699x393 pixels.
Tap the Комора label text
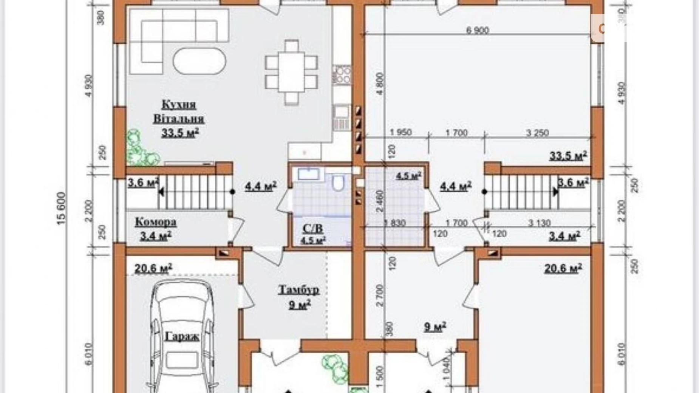[156, 222]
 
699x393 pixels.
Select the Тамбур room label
[299, 290]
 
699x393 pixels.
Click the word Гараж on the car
[182, 336]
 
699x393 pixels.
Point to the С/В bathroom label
[313, 228]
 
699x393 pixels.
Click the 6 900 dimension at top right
[477, 30]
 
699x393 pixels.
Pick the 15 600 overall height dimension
[62, 208]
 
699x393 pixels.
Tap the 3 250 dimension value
[537, 133]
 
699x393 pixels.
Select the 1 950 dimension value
[401, 133]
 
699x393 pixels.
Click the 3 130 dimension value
[539, 223]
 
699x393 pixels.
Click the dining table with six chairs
[291, 72]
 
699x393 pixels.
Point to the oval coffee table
[199, 61]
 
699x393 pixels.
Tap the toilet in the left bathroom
[338, 182]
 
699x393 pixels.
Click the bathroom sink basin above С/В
[309, 174]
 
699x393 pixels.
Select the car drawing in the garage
[182, 336]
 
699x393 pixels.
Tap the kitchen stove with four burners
[342, 74]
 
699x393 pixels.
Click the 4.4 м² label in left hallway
[261, 186]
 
